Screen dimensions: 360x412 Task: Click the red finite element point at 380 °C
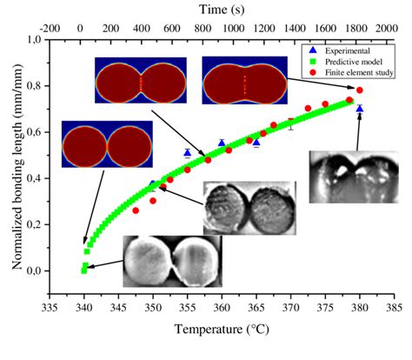(x=360, y=90)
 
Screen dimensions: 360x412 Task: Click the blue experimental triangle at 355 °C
(x=187, y=153)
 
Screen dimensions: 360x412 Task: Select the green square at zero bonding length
(x=83, y=270)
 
